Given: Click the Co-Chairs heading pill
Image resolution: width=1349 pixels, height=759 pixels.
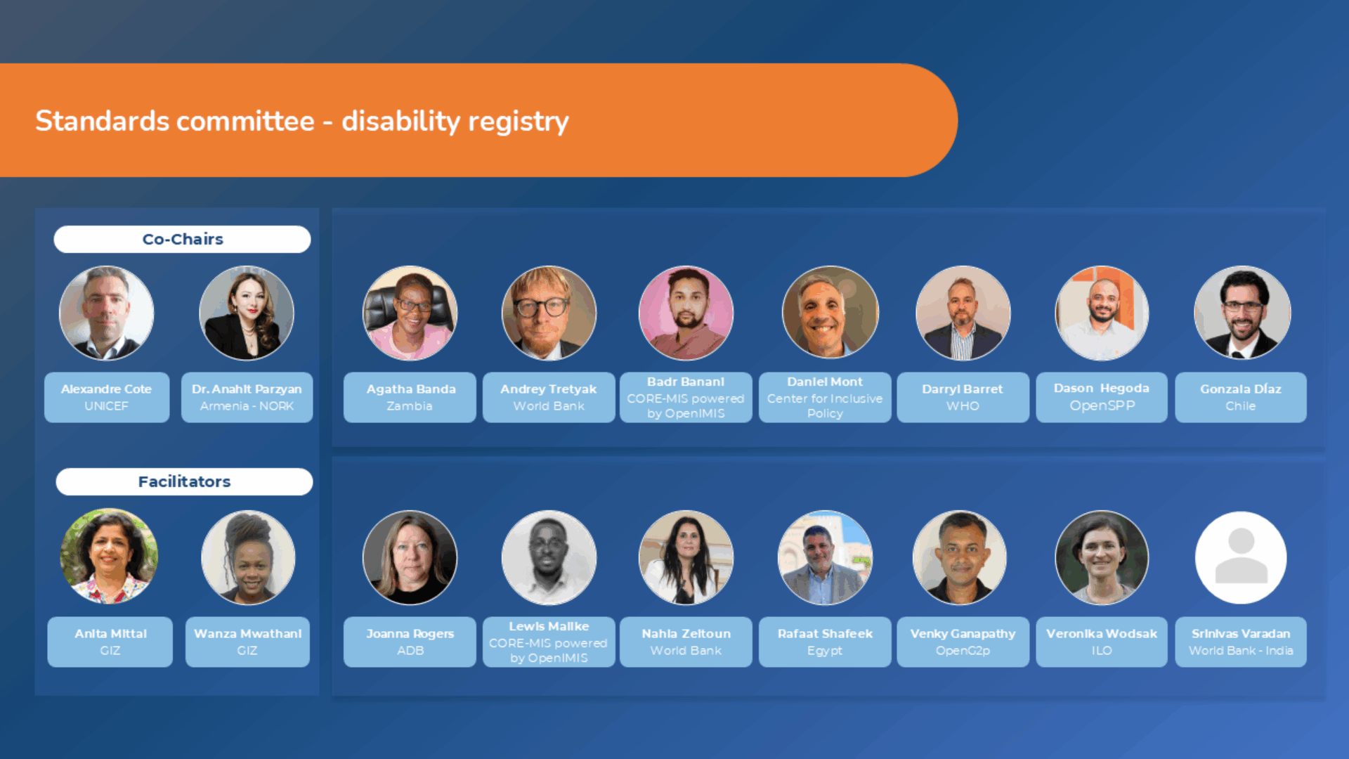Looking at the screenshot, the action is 182,239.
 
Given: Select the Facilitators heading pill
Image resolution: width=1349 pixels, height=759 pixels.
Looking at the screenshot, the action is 184,481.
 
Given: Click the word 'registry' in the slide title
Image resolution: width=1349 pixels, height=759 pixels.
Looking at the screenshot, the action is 519,122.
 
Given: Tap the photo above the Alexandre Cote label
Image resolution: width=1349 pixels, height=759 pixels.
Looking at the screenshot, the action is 107,313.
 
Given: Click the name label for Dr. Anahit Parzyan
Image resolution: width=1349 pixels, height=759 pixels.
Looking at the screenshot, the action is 247,397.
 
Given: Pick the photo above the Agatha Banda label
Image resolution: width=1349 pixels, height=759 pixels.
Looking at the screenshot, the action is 410,313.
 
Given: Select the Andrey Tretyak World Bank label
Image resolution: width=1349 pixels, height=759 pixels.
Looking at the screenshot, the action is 549,397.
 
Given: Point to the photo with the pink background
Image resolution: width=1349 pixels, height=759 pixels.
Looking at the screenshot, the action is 686,313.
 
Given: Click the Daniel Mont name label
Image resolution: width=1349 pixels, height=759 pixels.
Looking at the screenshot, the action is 825,397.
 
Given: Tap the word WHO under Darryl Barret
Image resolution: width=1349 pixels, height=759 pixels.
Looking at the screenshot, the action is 963,406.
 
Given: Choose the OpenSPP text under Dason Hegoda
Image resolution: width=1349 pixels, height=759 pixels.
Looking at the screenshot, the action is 1102,406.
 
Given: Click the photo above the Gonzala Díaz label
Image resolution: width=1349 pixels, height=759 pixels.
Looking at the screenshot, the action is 1242,313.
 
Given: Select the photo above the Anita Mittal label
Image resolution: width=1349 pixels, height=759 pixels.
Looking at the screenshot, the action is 109,557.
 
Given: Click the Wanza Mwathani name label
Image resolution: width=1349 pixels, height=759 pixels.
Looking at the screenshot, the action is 247,642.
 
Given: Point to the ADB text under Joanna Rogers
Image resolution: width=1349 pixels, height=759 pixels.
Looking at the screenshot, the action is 410,651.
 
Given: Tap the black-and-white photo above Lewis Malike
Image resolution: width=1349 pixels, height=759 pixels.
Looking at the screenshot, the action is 549,557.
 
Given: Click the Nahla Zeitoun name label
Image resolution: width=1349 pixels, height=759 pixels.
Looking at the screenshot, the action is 686,642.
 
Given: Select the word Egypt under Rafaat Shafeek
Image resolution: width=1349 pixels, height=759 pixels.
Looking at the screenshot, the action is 825,651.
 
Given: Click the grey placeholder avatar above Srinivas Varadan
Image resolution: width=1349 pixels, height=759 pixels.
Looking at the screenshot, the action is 1241,557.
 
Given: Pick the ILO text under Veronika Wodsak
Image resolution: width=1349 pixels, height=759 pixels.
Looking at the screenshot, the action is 1102,651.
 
